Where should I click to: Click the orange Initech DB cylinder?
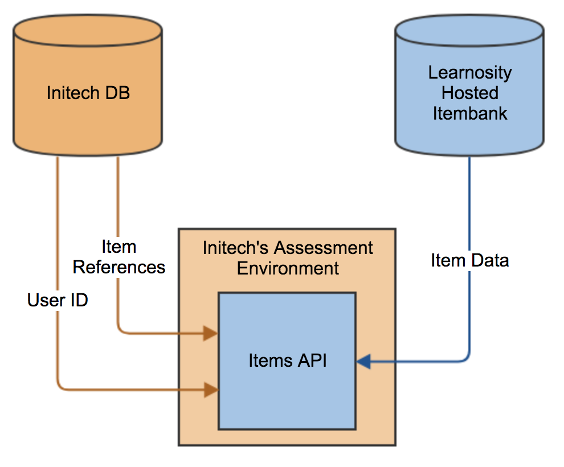coord(88,85)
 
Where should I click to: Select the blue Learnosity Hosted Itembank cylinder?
coord(469,85)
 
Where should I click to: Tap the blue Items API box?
coord(287,361)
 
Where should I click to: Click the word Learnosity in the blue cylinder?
coord(470,73)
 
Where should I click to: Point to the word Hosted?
coord(470,93)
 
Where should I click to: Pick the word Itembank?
coord(470,113)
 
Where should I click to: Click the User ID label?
coord(58,300)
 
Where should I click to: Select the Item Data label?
coord(470,260)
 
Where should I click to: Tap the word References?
coord(118,267)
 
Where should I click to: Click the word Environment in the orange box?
coord(288,268)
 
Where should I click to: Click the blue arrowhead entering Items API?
coord(363,361)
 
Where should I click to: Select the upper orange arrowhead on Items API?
coord(211,333)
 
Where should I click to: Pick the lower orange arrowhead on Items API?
coord(211,390)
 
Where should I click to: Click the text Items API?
coord(288,361)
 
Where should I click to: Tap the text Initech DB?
coord(88,93)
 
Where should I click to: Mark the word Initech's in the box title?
coord(236,248)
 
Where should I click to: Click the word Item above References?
coord(118,247)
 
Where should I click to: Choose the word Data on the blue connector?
coord(491,260)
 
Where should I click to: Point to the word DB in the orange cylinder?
coord(117,93)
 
